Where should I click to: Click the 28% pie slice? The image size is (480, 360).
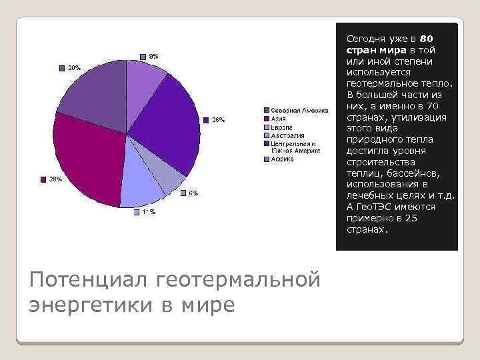tap(83, 163)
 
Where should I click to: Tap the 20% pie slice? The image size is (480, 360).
tap(93, 97)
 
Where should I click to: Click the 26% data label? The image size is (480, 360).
tap(219, 120)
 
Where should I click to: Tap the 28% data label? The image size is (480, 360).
tap(55, 179)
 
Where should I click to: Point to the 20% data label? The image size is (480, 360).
tap(74, 67)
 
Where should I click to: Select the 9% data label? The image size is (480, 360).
tap(153, 56)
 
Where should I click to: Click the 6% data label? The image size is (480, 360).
tap(192, 193)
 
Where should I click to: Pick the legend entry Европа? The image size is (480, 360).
tap(281, 126)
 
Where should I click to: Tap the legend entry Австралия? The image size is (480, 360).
tap(286, 135)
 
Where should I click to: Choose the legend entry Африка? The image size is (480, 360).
tap(282, 160)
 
